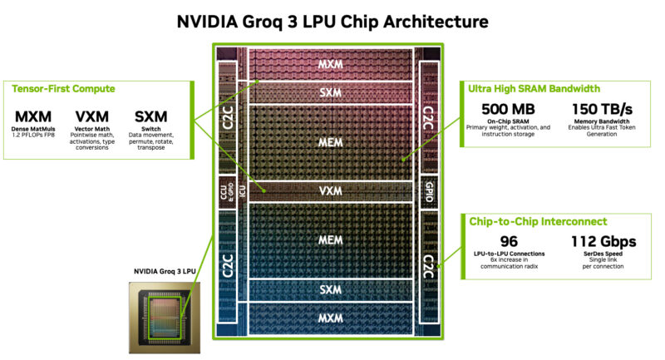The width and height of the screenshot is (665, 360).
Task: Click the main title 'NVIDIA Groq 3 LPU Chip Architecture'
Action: [332, 19]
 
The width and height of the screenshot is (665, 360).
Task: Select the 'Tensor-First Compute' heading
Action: [63, 88]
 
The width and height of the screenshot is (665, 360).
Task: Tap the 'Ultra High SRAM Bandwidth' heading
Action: [533, 88]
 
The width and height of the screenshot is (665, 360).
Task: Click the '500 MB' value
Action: [508, 110]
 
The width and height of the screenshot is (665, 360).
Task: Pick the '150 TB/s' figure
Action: [599, 110]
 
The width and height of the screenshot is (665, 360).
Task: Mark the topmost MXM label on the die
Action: [331, 64]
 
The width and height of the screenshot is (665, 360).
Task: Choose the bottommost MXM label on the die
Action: [331, 318]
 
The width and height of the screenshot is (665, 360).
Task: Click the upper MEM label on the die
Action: [331, 142]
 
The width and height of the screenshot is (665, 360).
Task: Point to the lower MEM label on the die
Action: [331, 240]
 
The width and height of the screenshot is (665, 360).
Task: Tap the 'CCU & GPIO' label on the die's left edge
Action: [224, 191]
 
